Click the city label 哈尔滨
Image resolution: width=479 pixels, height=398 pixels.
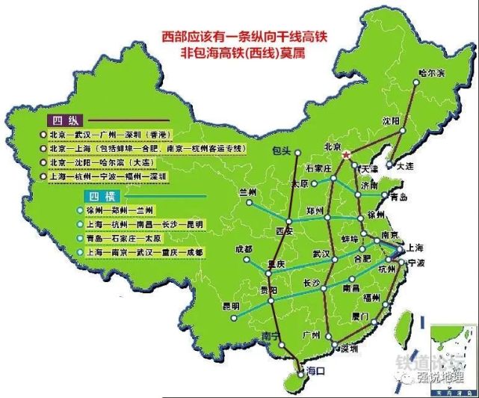[432, 73]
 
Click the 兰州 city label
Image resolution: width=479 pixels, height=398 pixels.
[247, 192]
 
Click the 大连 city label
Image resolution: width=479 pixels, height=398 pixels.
[404, 167]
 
